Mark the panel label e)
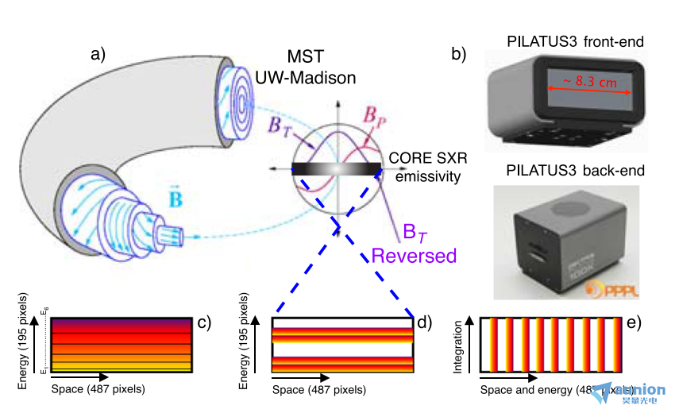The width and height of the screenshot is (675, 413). click(x=633, y=322)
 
